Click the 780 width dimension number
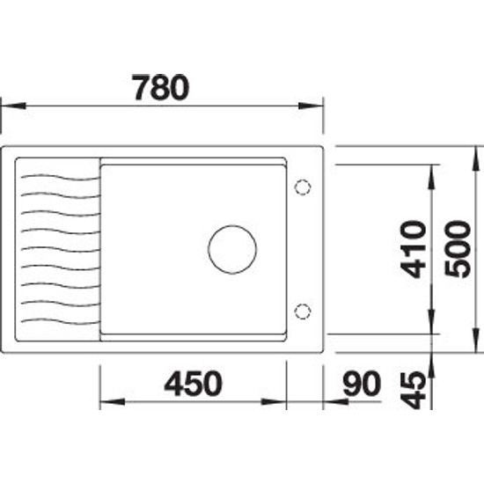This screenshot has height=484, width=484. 160,88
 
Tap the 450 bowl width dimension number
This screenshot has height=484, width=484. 193,384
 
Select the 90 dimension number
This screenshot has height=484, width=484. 362,384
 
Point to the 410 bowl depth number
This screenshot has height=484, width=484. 414,249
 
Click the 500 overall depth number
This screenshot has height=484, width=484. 458,249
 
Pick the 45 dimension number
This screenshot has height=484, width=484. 413,390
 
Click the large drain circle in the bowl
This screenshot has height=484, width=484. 232,249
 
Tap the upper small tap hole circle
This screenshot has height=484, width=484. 303,187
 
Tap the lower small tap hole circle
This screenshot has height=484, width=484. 303,312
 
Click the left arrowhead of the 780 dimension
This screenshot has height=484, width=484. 13,106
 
